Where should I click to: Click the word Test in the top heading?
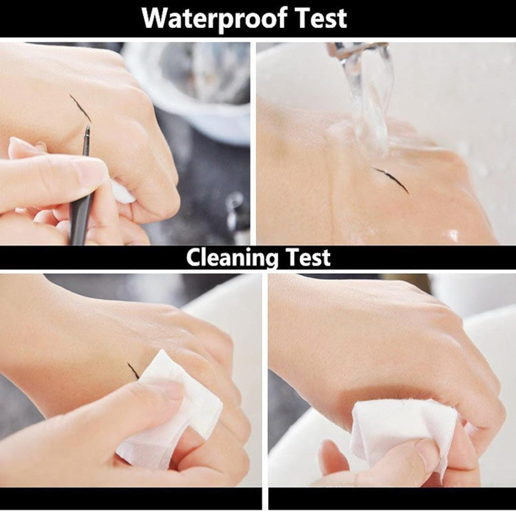point(321,18)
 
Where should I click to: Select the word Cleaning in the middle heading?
point(232,257)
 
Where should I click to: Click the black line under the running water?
point(391,179)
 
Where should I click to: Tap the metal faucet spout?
point(355,50)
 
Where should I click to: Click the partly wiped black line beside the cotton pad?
point(133,370)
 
